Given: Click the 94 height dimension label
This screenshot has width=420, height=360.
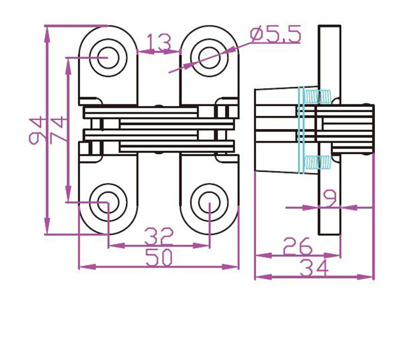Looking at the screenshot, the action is click(35, 130).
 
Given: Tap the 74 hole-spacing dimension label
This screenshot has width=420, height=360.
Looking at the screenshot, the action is click(58, 128).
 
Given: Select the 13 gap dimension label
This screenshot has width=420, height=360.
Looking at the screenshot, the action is click(159, 43).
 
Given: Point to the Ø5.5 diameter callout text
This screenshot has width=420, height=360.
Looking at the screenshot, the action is click(275, 34).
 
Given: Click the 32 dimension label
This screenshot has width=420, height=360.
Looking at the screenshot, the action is click(159, 236).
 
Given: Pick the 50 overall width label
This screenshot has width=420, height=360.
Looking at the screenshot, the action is click(159, 257).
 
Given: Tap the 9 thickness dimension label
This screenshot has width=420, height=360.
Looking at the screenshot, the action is click(330, 198).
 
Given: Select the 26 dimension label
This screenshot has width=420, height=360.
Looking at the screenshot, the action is click(298, 245).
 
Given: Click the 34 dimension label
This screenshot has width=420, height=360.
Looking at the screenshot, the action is click(314, 268).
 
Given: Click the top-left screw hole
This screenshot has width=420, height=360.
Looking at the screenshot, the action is click(108, 58).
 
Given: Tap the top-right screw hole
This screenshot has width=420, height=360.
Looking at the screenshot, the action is click(209, 58).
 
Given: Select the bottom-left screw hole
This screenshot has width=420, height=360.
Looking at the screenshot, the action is click(108, 203).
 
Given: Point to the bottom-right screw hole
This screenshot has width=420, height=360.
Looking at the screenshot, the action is click(209, 203).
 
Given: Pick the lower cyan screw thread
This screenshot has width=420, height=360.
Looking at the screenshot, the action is click(317, 163).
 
